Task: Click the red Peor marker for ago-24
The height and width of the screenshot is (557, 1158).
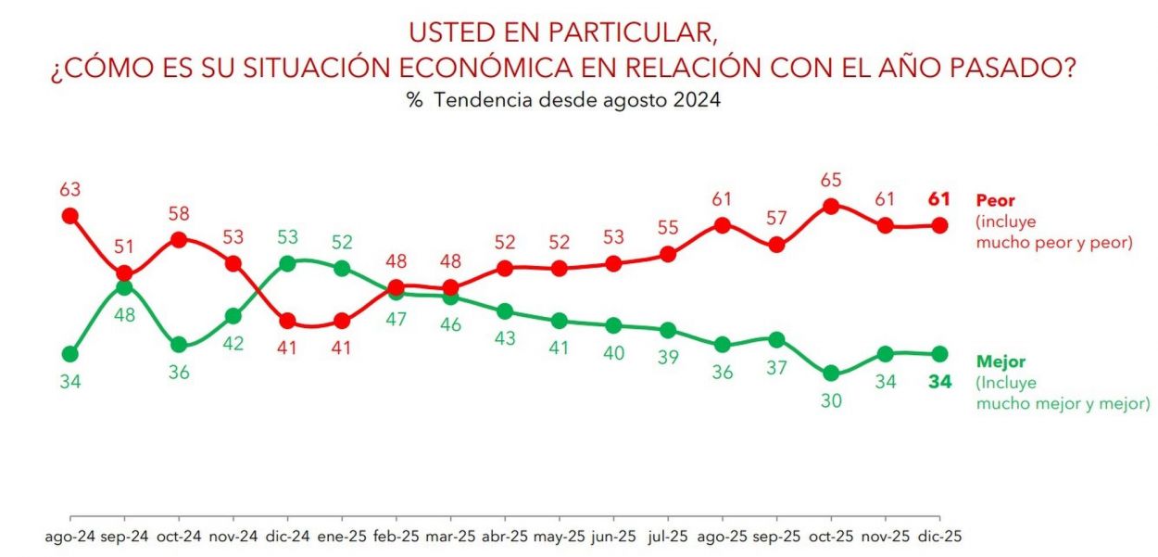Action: (x=69, y=216)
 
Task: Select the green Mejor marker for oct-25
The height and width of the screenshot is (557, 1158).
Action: (x=831, y=373)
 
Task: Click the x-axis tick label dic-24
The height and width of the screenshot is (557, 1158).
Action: (x=287, y=537)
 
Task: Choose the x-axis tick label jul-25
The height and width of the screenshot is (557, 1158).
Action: (x=668, y=537)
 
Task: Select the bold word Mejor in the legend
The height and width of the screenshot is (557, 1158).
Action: (x=1001, y=362)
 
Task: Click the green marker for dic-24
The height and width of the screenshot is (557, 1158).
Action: (x=287, y=263)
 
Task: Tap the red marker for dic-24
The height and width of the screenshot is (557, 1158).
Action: (x=287, y=321)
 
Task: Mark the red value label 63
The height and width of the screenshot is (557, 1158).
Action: (x=69, y=190)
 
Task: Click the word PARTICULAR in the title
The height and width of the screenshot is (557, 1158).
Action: (x=638, y=32)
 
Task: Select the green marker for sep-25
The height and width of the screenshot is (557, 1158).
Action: (x=776, y=340)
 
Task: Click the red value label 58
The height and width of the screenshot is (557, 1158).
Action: (x=179, y=214)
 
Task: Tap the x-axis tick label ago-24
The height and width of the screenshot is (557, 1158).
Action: (x=69, y=537)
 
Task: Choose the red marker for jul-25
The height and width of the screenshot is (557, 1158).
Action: (x=668, y=254)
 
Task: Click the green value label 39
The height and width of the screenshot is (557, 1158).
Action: (x=668, y=357)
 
